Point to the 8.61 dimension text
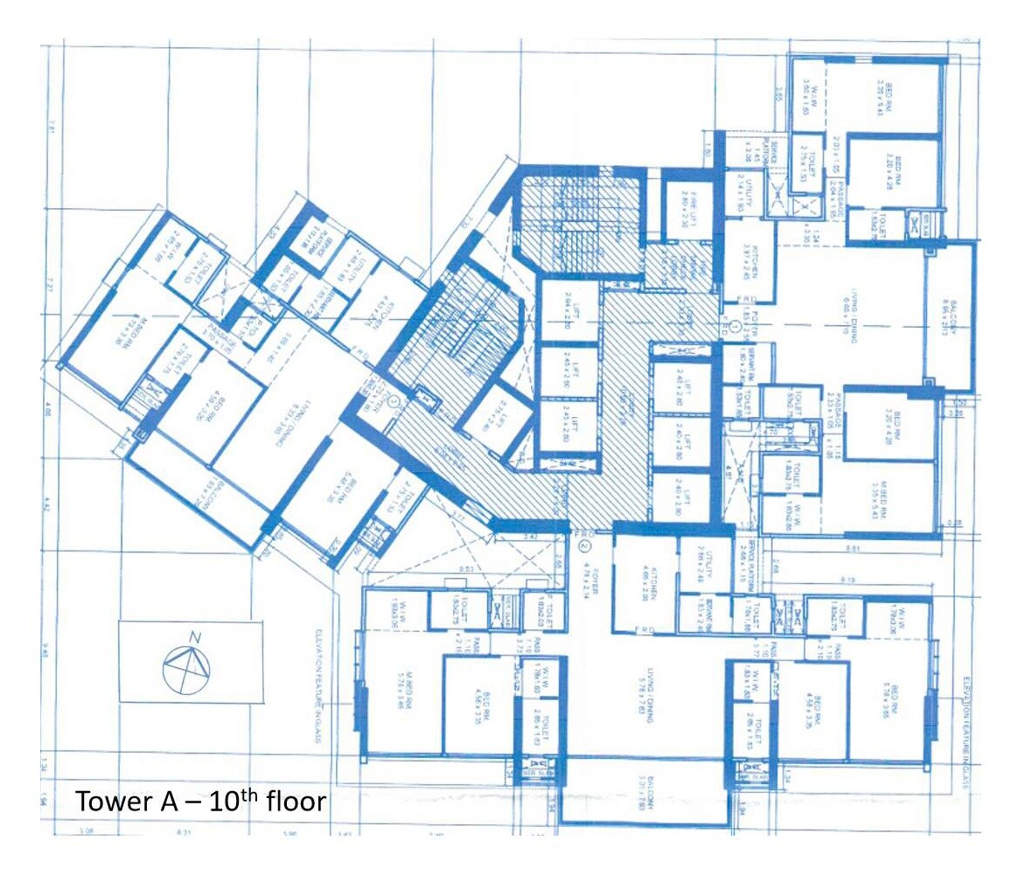click(853, 548)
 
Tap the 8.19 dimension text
click(847, 580)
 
